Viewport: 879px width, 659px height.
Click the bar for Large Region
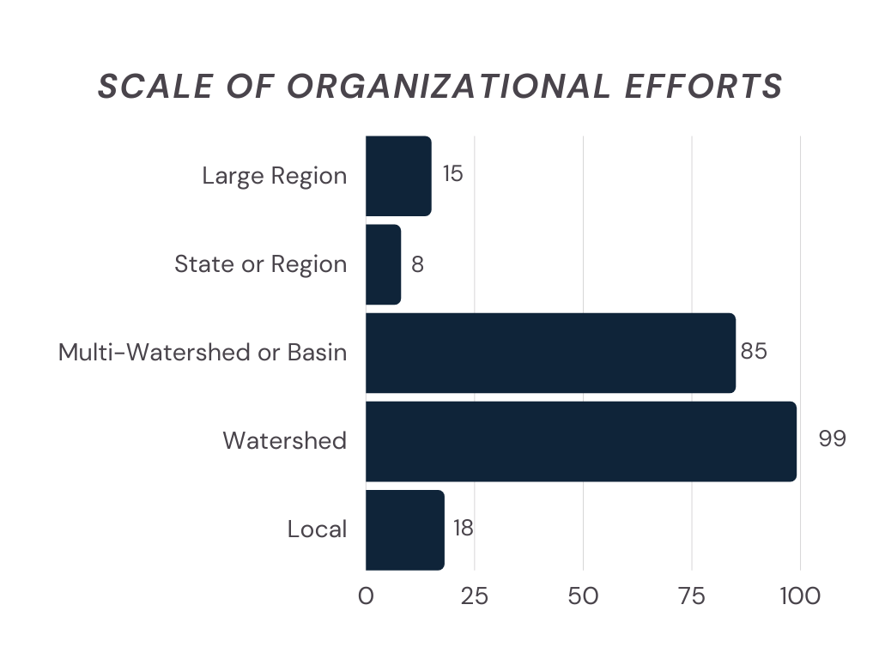[398, 176]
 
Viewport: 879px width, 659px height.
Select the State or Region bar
[383, 264]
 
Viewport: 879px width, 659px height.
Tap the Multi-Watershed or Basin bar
[550, 353]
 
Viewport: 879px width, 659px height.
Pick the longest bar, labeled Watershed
[581, 441]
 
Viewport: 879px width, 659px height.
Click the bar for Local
[404, 529]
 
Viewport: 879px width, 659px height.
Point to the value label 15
[452, 174]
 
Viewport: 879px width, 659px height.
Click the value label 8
[417, 263]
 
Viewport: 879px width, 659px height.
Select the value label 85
[754, 352]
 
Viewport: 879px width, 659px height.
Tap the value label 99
[832, 439]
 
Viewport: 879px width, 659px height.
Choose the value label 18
[463, 529]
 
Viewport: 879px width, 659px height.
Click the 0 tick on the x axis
[366, 596]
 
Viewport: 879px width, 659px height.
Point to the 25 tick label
[474, 596]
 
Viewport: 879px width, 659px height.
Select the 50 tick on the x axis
[583, 596]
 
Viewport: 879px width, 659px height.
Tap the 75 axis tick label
[692, 596]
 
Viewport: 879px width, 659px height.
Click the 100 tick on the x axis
[800, 596]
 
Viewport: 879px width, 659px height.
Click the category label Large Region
[275, 176]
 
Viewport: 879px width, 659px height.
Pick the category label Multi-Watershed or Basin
[203, 353]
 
